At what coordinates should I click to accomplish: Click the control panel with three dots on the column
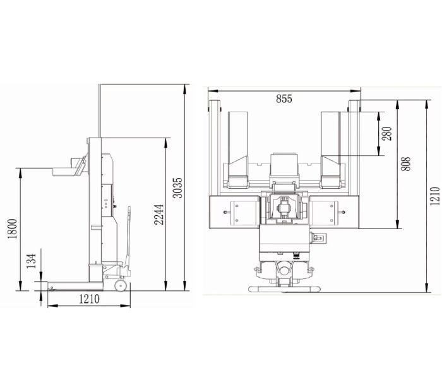click(x=105, y=204)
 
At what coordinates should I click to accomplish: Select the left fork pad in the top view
click(x=239, y=148)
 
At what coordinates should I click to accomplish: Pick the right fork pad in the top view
click(x=331, y=148)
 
